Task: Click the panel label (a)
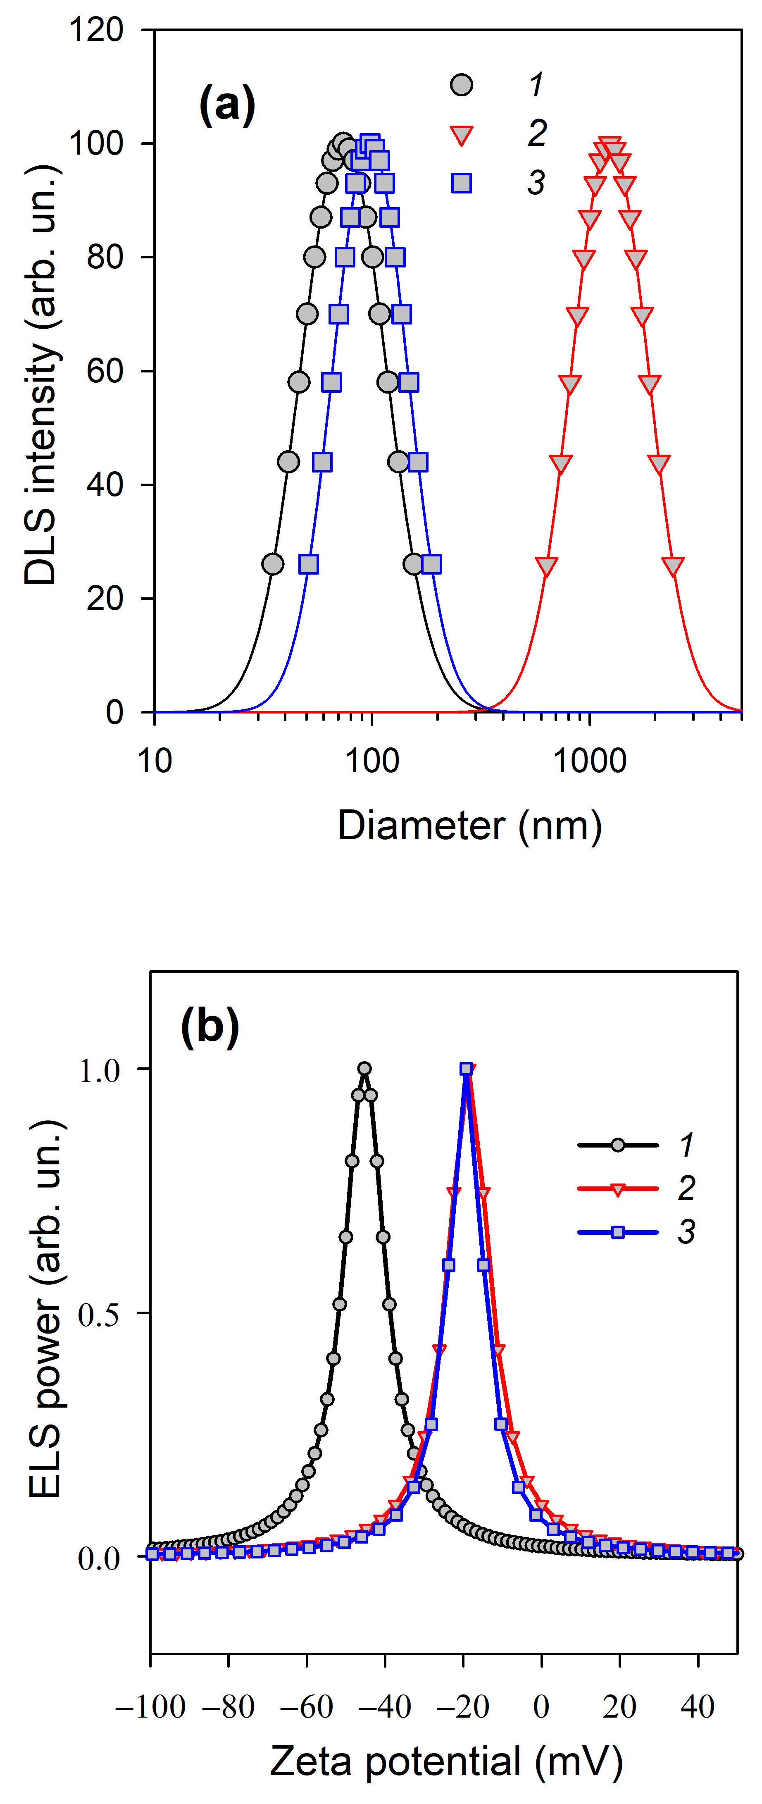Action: click(x=227, y=105)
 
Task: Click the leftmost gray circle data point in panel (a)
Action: click(x=272, y=564)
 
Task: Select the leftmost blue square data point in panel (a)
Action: click(x=308, y=564)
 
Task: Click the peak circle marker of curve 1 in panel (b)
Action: click(x=364, y=1069)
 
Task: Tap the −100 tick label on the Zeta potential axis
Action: click(x=150, y=1707)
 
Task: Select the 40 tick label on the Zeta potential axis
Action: click(x=698, y=1707)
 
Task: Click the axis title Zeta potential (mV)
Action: click(x=446, y=1761)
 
